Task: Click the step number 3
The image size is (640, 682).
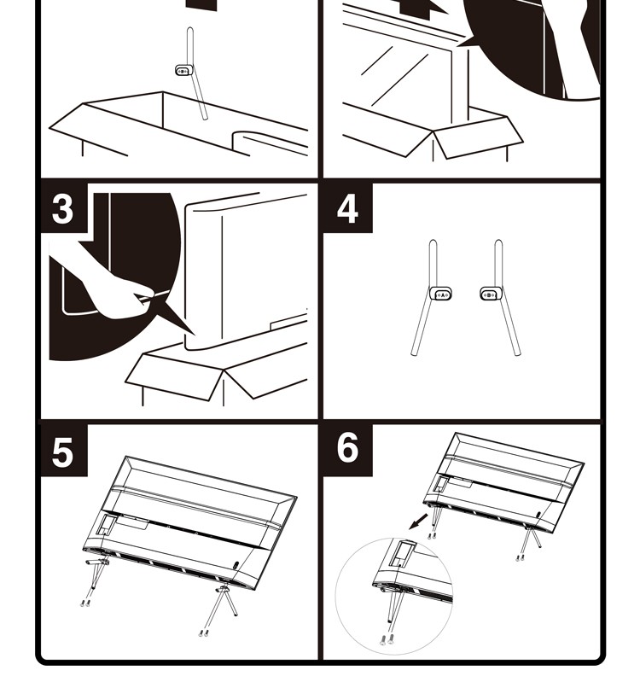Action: (63, 209)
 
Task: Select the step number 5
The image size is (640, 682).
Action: (63, 452)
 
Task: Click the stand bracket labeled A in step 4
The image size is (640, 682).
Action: (442, 294)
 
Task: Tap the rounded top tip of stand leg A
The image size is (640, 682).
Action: (433, 244)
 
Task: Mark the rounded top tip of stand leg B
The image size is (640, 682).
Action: (498, 244)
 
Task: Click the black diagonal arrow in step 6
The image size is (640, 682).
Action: (417, 520)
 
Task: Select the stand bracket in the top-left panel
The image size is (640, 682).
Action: (183, 71)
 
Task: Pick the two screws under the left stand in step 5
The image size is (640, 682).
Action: (85, 603)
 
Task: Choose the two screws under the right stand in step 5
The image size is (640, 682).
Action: (203, 632)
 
